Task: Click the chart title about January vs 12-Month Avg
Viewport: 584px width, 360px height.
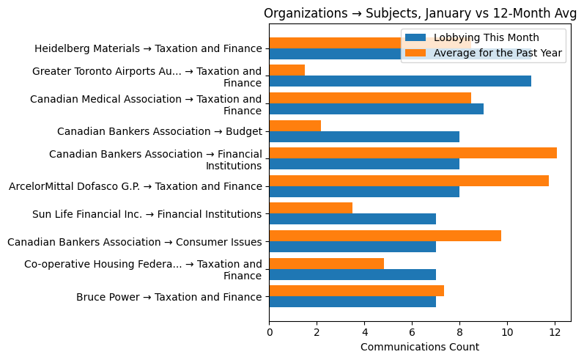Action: tap(417, 13)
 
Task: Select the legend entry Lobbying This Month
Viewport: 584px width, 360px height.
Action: tap(486, 37)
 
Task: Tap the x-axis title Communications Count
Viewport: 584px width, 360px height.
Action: tap(420, 347)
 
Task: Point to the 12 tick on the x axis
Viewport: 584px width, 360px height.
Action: tap(555, 331)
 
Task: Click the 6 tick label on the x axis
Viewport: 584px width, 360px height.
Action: tap(412, 331)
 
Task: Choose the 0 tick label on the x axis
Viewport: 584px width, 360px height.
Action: tap(270, 331)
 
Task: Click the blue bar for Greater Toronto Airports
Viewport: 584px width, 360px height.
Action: tap(400, 81)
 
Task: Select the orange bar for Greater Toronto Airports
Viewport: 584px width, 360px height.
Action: tap(287, 70)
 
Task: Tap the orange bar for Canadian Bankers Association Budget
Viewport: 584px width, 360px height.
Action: tap(295, 125)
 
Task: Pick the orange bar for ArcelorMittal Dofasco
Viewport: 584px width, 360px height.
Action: tap(409, 180)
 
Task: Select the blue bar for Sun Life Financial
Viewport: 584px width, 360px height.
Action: tap(352, 218)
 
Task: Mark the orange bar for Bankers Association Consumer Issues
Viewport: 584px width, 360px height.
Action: tap(385, 235)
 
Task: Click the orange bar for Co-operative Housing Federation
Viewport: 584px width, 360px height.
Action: tap(327, 263)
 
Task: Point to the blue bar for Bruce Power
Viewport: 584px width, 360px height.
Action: tap(352, 301)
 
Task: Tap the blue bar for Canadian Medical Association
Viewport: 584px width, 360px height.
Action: tap(377, 109)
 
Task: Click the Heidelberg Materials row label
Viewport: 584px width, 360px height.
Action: tap(148, 49)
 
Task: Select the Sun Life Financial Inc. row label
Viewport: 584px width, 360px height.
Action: tap(147, 214)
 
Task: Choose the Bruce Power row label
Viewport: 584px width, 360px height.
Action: tap(169, 297)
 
